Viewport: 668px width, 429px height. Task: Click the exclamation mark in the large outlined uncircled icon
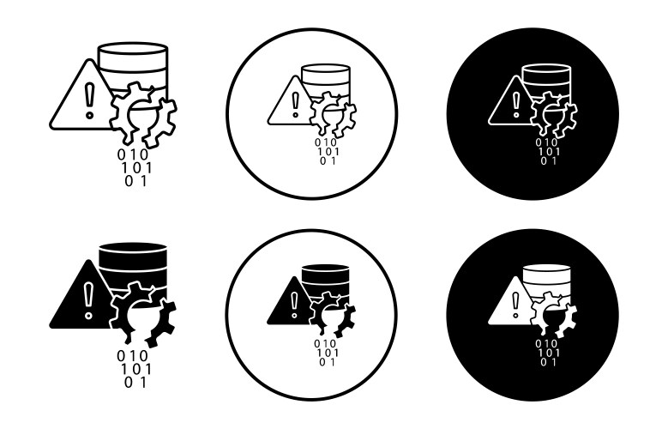coord(89,100)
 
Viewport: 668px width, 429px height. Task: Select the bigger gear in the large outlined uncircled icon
coord(133,112)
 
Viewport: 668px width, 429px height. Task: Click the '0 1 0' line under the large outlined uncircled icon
coord(133,154)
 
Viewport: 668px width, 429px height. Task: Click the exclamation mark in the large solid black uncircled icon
coord(88,300)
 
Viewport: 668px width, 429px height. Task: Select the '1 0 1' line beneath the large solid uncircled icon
coord(135,369)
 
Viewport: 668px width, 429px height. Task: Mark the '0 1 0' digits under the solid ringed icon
coord(325,343)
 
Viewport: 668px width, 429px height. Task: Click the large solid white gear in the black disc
coord(546,312)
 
